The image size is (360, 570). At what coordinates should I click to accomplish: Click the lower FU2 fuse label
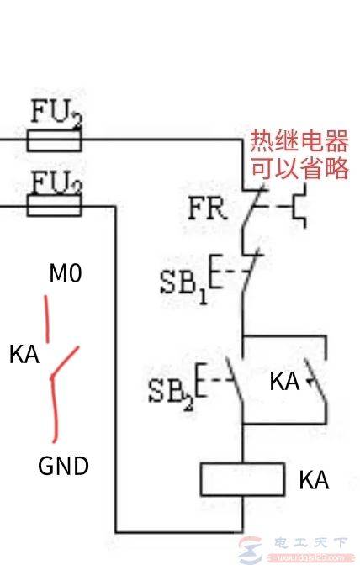pyautogui.click(x=56, y=181)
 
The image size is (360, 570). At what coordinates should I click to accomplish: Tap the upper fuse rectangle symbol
pyautogui.click(x=55, y=143)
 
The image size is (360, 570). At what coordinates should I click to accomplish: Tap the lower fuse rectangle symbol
pyautogui.click(x=55, y=206)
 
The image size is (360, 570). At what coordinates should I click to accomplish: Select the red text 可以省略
pyautogui.click(x=299, y=168)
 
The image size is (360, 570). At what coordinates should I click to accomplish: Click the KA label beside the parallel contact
pyautogui.click(x=284, y=381)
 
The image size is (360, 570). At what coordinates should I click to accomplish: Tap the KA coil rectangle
pyautogui.click(x=242, y=479)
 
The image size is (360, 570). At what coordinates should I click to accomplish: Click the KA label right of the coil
pyautogui.click(x=313, y=481)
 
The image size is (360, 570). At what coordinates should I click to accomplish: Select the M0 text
pyautogui.click(x=65, y=273)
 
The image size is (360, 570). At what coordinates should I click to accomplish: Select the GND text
pyautogui.click(x=64, y=465)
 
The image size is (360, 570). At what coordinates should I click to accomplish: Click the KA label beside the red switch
pyautogui.click(x=24, y=353)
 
